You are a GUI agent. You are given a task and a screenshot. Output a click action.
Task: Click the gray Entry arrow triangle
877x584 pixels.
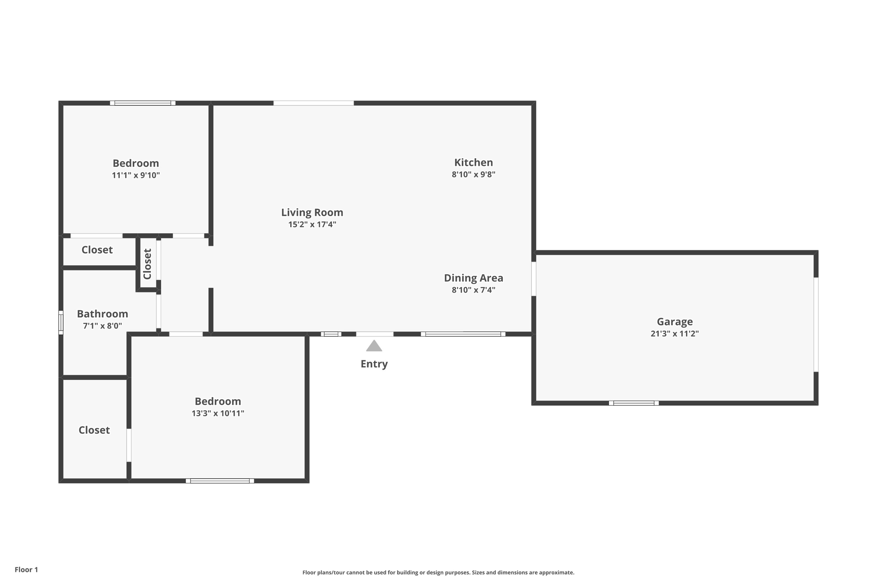point(374,346)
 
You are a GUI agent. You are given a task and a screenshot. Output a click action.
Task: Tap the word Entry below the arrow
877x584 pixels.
point(374,364)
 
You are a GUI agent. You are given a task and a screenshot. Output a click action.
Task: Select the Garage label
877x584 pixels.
point(674,322)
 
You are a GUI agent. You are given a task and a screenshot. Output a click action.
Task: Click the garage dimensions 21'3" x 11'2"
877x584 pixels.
point(674,334)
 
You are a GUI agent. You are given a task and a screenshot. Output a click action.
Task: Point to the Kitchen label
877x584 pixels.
point(473,163)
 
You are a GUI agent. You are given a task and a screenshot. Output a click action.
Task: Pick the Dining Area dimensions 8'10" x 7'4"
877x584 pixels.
point(473,290)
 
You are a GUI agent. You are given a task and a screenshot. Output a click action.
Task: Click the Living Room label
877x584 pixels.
point(312,213)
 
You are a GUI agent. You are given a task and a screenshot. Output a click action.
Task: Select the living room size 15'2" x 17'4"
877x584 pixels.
point(312,225)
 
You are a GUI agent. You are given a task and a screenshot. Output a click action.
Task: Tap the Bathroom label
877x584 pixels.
point(102,314)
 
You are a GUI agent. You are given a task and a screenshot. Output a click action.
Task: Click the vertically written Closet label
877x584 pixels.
point(147,264)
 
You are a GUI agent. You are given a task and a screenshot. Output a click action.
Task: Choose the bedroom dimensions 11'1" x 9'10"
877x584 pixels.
point(136,175)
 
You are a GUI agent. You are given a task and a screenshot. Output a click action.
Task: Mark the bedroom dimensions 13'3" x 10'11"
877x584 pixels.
point(218,413)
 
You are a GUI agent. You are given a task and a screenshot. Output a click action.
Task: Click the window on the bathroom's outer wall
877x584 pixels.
point(61,323)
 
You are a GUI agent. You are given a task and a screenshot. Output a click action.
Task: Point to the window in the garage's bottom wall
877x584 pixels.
point(634,403)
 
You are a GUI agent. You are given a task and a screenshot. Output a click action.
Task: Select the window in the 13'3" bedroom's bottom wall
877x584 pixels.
point(220,481)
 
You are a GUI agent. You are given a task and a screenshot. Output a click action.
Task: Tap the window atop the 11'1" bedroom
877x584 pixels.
point(143,103)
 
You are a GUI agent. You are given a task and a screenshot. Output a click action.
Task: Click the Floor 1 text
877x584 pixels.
point(26,569)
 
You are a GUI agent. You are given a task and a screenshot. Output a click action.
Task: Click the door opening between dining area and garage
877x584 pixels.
point(534,279)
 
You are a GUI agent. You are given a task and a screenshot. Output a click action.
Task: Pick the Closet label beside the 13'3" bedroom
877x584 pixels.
point(94,430)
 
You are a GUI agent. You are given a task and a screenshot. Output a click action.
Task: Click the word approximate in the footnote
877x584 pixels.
point(556,572)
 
